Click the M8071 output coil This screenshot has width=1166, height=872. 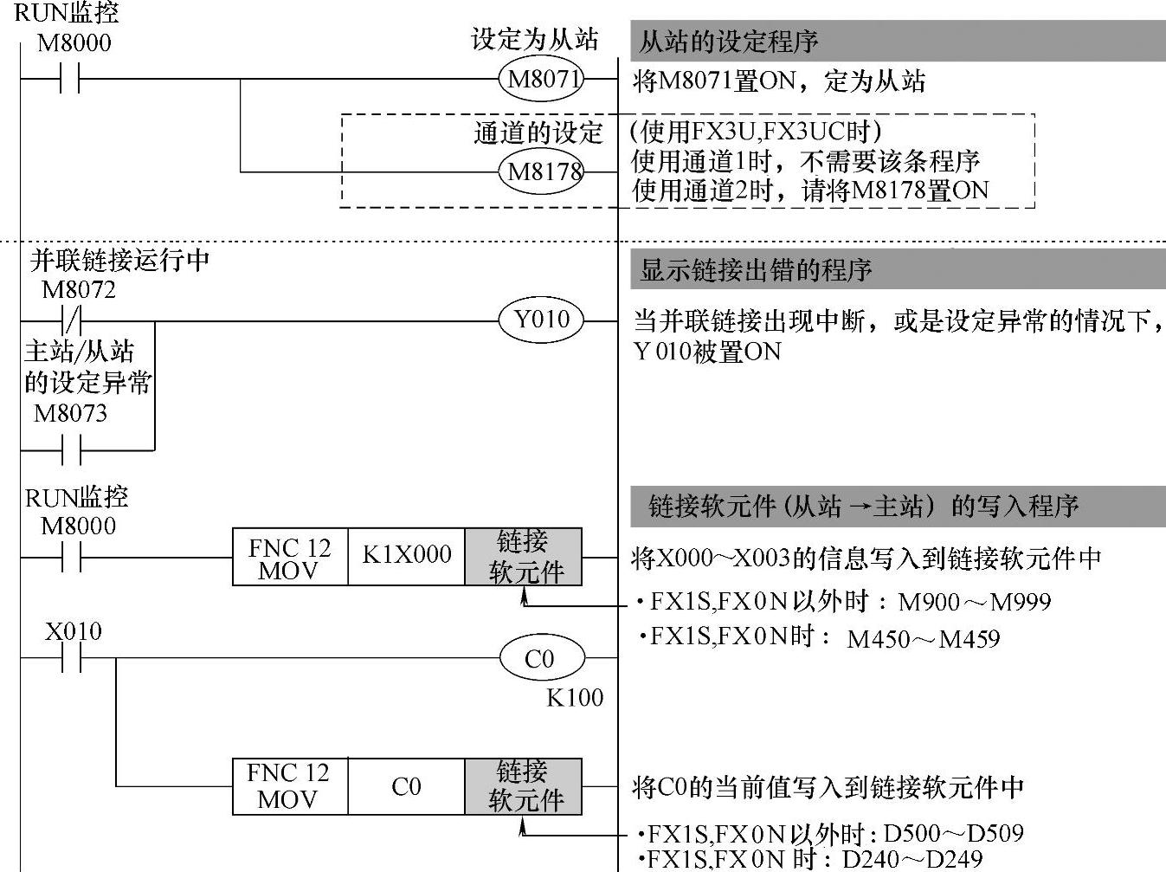(x=542, y=81)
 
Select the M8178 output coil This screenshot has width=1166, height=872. (x=542, y=171)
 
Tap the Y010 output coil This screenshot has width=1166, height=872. (x=542, y=320)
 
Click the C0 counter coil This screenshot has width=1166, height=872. (x=542, y=659)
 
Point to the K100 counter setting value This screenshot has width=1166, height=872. (x=575, y=697)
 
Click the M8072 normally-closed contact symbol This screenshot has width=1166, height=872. (x=70, y=321)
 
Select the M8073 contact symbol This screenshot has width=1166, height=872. (x=70, y=450)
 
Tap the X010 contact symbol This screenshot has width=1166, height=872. (x=70, y=658)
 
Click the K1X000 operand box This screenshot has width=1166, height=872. (x=407, y=557)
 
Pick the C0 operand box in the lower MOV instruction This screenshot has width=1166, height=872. (x=407, y=786)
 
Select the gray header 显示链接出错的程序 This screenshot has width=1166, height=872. (x=897, y=270)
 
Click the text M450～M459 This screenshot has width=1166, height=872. (x=924, y=639)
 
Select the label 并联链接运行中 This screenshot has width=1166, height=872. (x=119, y=260)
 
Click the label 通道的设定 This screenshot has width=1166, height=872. (x=538, y=132)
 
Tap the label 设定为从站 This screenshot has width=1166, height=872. (x=534, y=40)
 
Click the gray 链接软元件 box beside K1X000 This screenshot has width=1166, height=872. (x=524, y=557)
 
